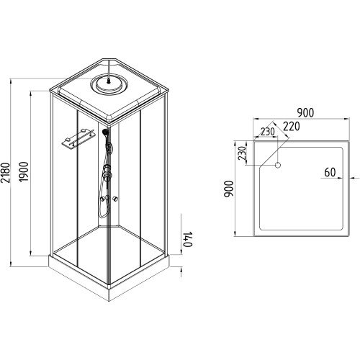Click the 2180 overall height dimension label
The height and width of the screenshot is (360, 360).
pyautogui.click(x=6, y=173)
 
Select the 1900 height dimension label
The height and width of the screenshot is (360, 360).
pyautogui.click(x=24, y=172)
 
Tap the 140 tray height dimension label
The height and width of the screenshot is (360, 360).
pyautogui.click(x=188, y=239)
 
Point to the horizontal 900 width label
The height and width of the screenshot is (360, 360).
pyautogui.click(x=305, y=113)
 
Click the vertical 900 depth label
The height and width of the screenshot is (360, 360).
pyautogui.click(x=229, y=189)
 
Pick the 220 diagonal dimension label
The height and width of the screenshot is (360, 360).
pyautogui.click(x=292, y=127)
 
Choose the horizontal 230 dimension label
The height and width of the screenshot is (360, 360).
pyautogui.click(x=268, y=132)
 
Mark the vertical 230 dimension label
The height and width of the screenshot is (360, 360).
pyautogui.click(x=243, y=153)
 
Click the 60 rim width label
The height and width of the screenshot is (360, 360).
pyautogui.click(x=330, y=172)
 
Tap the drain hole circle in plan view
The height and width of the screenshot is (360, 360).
pyautogui.click(x=278, y=165)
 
